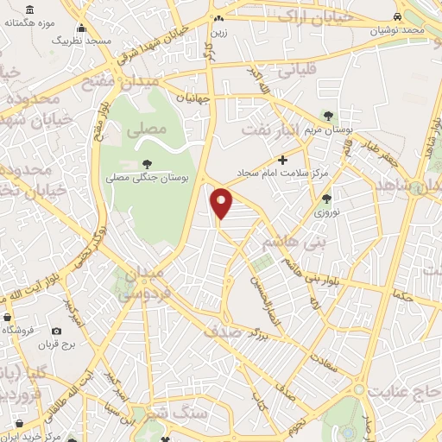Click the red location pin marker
(x=223, y=203)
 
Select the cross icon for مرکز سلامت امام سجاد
(x=283, y=160)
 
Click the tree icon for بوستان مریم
(x=327, y=115)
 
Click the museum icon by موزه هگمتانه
(x=30, y=9)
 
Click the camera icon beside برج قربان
(x=57, y=331)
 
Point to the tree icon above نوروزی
(x=325, y=198)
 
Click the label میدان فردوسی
(x=147, y=284)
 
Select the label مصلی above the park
(x=143, y=132)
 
